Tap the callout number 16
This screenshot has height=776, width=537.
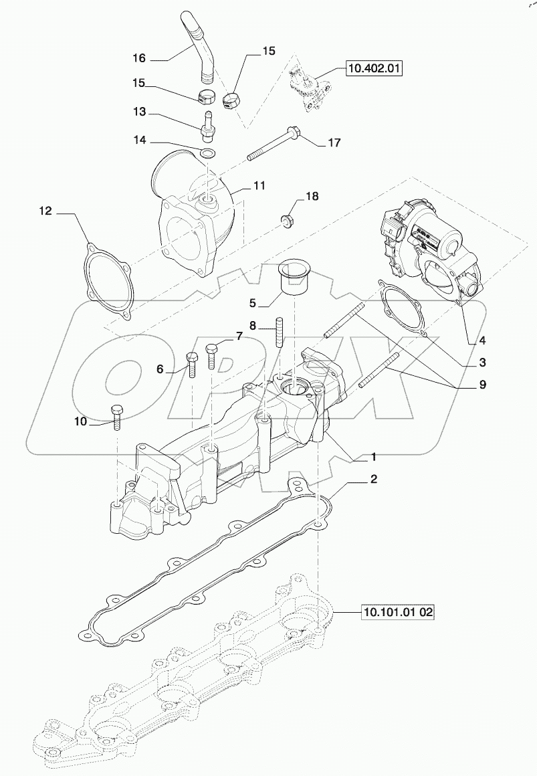pos(138,58)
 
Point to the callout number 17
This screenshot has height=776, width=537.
pos(334,142)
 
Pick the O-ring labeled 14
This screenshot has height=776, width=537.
pos(208,155)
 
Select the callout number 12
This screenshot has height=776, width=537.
pos(45,212)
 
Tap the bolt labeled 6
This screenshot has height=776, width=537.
pos(192,363)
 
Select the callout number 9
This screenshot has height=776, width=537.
pos(481,385)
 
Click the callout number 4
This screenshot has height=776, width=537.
pos(481,340)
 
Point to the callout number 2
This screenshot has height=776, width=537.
pos(374,480)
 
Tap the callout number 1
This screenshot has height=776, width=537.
pos(374,457)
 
